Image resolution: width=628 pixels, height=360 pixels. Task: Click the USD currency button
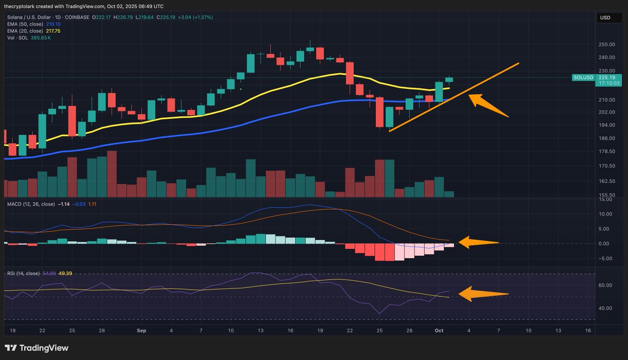(x=605, y=18)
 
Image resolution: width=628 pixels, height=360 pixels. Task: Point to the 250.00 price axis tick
(x=607, y=45)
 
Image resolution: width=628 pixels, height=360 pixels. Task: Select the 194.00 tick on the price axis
(x=607, y=125)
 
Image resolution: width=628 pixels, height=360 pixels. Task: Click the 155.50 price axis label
(x=607, y=194)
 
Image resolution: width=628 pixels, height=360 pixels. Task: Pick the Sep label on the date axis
(x=140, y=331)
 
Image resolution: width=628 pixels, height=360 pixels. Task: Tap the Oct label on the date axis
(x=439, y=331)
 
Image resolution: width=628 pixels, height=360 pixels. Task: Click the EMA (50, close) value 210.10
(x=53, y=24)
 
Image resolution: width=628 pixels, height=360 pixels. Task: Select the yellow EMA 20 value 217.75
(x=53, y=31)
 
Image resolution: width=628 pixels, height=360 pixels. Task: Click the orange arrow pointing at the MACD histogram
(x=479, y=242)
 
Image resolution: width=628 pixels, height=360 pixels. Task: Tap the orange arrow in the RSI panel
(x=483, y=294)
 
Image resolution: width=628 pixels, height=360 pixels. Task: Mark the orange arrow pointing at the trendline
(x=488, y=105)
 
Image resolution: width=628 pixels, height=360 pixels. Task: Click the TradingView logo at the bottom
(x=37, y=348)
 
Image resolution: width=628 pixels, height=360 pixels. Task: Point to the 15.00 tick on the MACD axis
(x=605, y=199)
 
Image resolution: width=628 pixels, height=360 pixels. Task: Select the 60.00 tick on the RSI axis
(x=605, y=285)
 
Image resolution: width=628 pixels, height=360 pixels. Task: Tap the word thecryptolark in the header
(x=21, y=6)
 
